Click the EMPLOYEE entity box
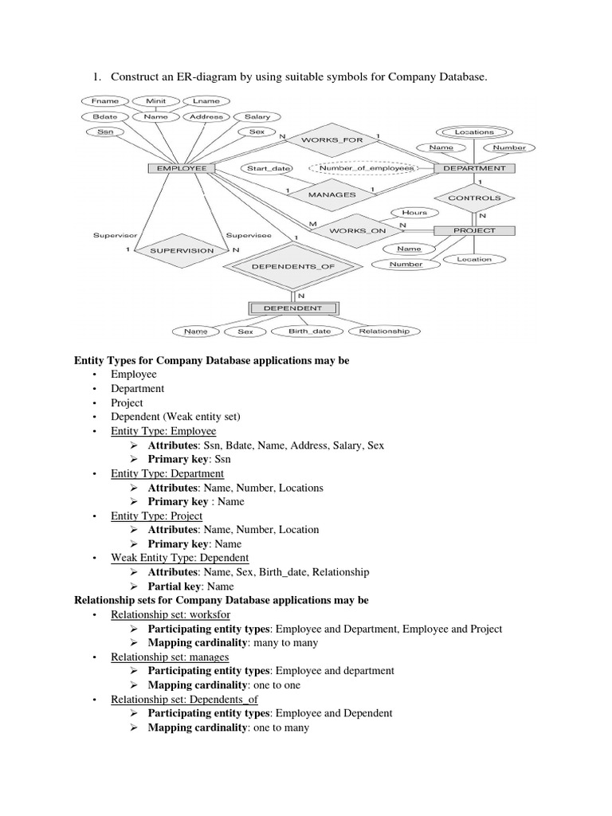point(182,169)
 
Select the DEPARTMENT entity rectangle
point(475,169)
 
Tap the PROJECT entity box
point(475,230)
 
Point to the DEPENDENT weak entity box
point(294,308)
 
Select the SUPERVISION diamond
point(177,250)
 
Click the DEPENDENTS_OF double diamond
point(295,267)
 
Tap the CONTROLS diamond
point(475,198)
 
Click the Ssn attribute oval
point(105,131)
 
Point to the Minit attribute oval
point(155,102)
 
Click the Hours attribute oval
point(414,213)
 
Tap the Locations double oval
point(474,132)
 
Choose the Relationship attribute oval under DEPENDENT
point(384,331)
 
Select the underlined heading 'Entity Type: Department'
point(167,473)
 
